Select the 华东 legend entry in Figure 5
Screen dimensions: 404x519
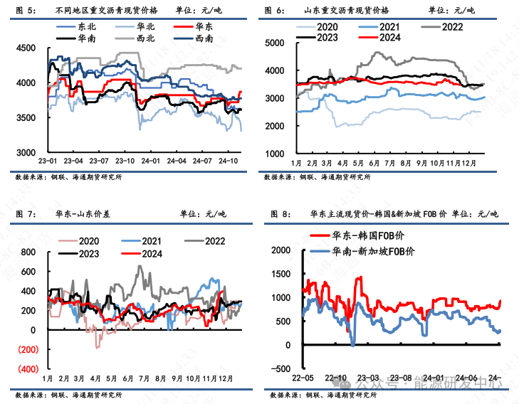tap(203, 26)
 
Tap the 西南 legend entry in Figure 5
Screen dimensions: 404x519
tap(203, 38)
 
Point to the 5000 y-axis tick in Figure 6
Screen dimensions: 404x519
tap(274, 43)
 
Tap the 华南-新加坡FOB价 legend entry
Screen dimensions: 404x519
tap(368, 251)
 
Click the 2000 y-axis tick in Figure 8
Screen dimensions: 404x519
tap(281, 250)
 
